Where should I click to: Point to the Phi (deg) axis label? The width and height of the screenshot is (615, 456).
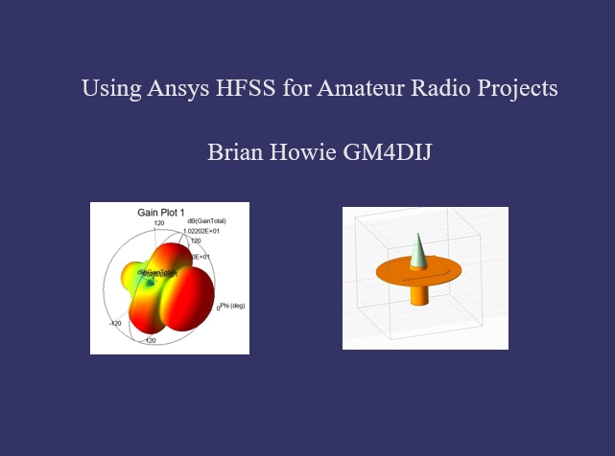[231, 306]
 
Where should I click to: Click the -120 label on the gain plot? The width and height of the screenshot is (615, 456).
[115, 324]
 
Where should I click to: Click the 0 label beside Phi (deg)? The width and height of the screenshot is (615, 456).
[218, 308]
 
